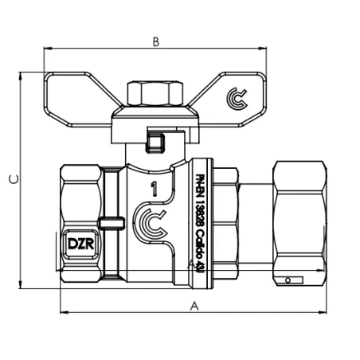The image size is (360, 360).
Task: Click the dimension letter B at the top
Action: [157, 41]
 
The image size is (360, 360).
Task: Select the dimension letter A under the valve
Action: [194, 305]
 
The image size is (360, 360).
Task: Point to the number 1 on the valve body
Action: [153, 189]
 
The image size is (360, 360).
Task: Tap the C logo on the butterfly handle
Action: [237, 97]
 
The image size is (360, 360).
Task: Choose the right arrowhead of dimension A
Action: [327, 311]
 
